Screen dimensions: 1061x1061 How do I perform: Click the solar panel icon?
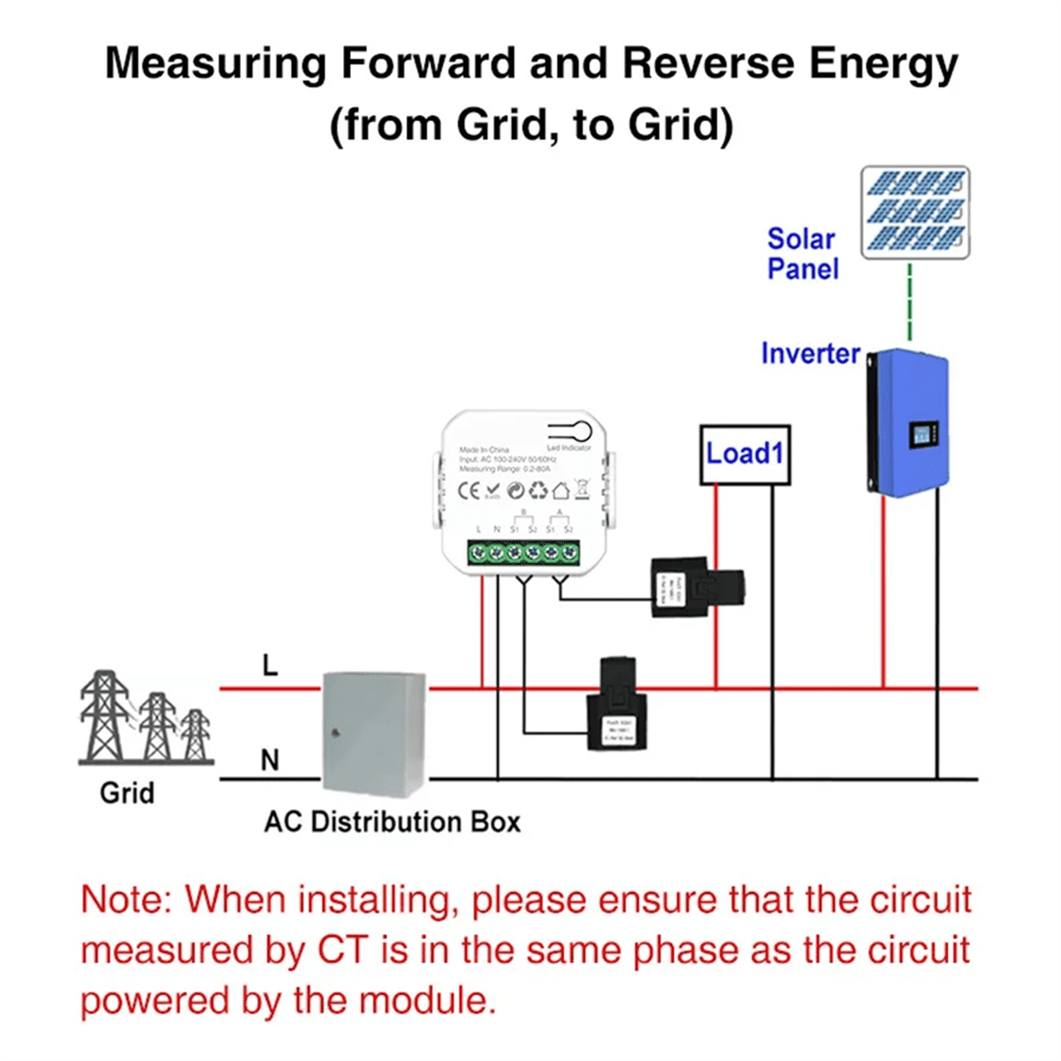[915, 212]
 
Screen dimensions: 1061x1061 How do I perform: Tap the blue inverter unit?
[909, 423]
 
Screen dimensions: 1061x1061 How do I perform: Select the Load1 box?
[744, 454]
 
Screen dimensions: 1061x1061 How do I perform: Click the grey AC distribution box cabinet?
[372, 733]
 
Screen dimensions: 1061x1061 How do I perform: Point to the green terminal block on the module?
[523, 553]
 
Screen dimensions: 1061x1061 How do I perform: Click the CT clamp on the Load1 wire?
[698, 587]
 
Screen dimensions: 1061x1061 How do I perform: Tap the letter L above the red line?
[271, 665]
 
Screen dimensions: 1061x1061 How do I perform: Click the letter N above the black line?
[270, 759]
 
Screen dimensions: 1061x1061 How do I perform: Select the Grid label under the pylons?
[127, 792]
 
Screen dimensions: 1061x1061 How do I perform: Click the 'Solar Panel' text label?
[801, 254]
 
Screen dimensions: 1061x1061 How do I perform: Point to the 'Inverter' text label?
[810, 354]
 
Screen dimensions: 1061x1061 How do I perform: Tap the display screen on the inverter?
[922, 435]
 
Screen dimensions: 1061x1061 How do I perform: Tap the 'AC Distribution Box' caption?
[392, 821]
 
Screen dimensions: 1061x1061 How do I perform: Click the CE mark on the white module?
[469, 491]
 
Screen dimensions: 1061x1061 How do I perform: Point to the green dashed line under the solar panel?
[910, 301]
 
